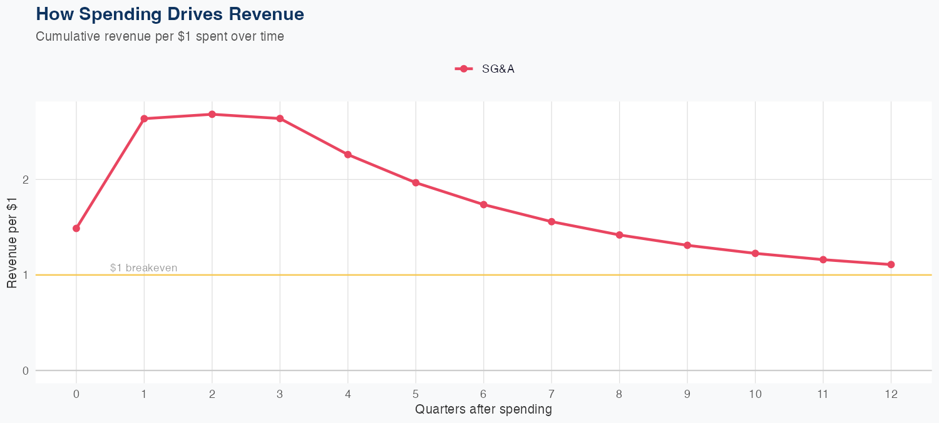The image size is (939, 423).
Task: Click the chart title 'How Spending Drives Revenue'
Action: (x=170, y=14)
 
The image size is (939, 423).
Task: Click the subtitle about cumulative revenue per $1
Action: (x=160, y=36)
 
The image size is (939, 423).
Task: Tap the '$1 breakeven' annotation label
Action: (x=143, y=268)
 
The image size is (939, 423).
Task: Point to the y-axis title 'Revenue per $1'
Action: (x=12, y=242)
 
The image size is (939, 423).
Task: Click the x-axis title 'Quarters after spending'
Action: (x=483, y=409)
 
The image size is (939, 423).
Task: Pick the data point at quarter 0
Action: (x=76, y=228)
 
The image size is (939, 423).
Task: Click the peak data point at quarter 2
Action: (x=212, y=114)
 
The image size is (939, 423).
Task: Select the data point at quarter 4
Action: (x=348, y=155)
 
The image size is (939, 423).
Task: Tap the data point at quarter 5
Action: (x=416, y=182)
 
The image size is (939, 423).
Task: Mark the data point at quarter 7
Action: (x=552, y=221)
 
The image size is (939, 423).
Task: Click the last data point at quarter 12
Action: (x=891, y=264)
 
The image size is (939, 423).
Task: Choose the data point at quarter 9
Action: (x=687, y=245)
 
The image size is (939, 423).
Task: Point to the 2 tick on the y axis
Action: (x=26, y=180)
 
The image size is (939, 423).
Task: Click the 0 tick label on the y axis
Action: (x=26, y=370)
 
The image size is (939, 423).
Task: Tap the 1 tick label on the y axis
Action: (x=26, y=275)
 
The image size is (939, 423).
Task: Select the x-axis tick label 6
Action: (x=483, y=394)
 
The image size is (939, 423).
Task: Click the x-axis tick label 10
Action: (x=755, y=394)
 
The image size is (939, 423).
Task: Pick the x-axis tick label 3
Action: (x=280, y=394)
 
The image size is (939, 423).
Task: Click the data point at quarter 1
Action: (x=144, y=118)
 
